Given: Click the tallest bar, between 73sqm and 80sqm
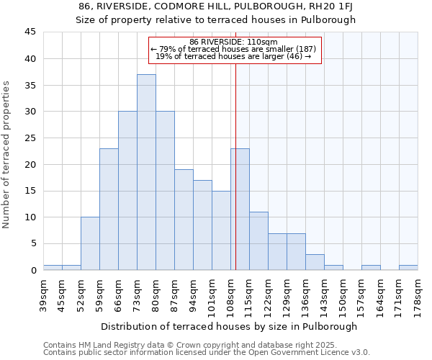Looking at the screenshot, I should (146, 173).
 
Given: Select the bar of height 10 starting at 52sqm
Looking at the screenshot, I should (90, 243).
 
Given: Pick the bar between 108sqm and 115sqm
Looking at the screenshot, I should (240, 209).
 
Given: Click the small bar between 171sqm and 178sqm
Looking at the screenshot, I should (408, 267).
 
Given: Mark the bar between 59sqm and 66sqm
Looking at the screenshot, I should (109, 209).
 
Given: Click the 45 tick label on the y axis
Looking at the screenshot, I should (30, 32).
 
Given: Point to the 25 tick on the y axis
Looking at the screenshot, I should (30, 138).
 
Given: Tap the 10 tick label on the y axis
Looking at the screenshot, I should (30, 217).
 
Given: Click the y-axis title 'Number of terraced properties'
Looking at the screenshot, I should (6, 155).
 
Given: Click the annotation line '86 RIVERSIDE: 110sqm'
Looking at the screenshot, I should (235, 42).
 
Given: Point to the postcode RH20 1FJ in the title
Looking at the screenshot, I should (346, 6).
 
